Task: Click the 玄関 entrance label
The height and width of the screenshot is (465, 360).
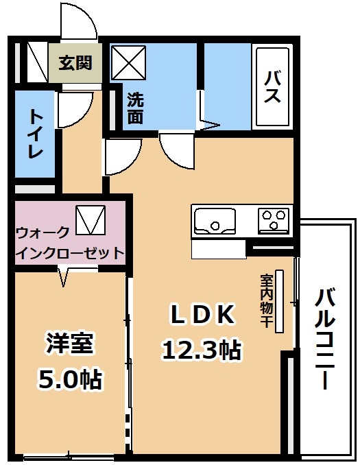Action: click(75, 62)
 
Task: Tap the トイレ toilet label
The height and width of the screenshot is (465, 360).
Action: click(35, 134)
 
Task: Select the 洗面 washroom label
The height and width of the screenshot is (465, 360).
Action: click(136, 108)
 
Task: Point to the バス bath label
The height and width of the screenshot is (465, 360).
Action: click(272, 87)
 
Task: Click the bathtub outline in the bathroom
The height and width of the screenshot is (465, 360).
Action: click(272, 86)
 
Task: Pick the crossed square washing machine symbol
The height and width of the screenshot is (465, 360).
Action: click(128, 63)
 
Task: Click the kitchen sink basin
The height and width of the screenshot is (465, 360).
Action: click(215, 220)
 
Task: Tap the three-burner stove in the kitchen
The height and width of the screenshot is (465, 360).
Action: click(274, 221)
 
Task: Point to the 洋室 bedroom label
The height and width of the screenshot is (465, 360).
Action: click(69, 344)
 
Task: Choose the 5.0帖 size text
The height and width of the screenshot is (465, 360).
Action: click(70, 379)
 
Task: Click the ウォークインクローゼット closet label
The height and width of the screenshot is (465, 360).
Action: click(70, 242)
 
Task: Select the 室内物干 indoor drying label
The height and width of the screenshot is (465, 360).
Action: click(266, 300)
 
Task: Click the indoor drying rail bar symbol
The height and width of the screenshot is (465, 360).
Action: click(279, 301)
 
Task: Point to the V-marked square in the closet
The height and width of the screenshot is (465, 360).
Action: click(91, 219)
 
